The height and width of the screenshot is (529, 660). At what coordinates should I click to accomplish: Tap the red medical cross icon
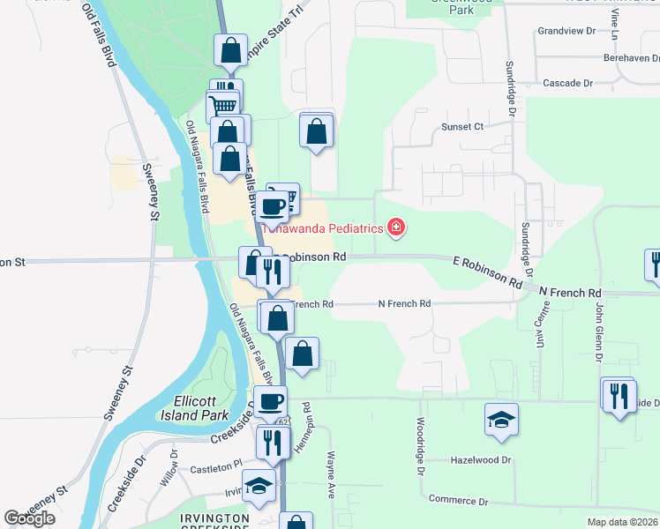point(396,228)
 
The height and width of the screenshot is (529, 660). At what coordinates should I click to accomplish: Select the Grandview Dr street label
point(566,31)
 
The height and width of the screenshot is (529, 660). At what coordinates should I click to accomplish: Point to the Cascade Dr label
point(567,82)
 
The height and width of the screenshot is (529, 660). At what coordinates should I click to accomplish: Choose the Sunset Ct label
point(462,126)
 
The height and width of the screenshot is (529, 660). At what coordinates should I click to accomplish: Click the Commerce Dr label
point(458,500)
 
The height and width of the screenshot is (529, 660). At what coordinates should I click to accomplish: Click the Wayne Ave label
point(331,477)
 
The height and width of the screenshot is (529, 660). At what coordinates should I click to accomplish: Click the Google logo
point(29,518)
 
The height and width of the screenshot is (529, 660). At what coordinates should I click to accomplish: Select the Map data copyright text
point(622,522)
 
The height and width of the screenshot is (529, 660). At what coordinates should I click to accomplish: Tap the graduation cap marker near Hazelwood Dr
point(501,420)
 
